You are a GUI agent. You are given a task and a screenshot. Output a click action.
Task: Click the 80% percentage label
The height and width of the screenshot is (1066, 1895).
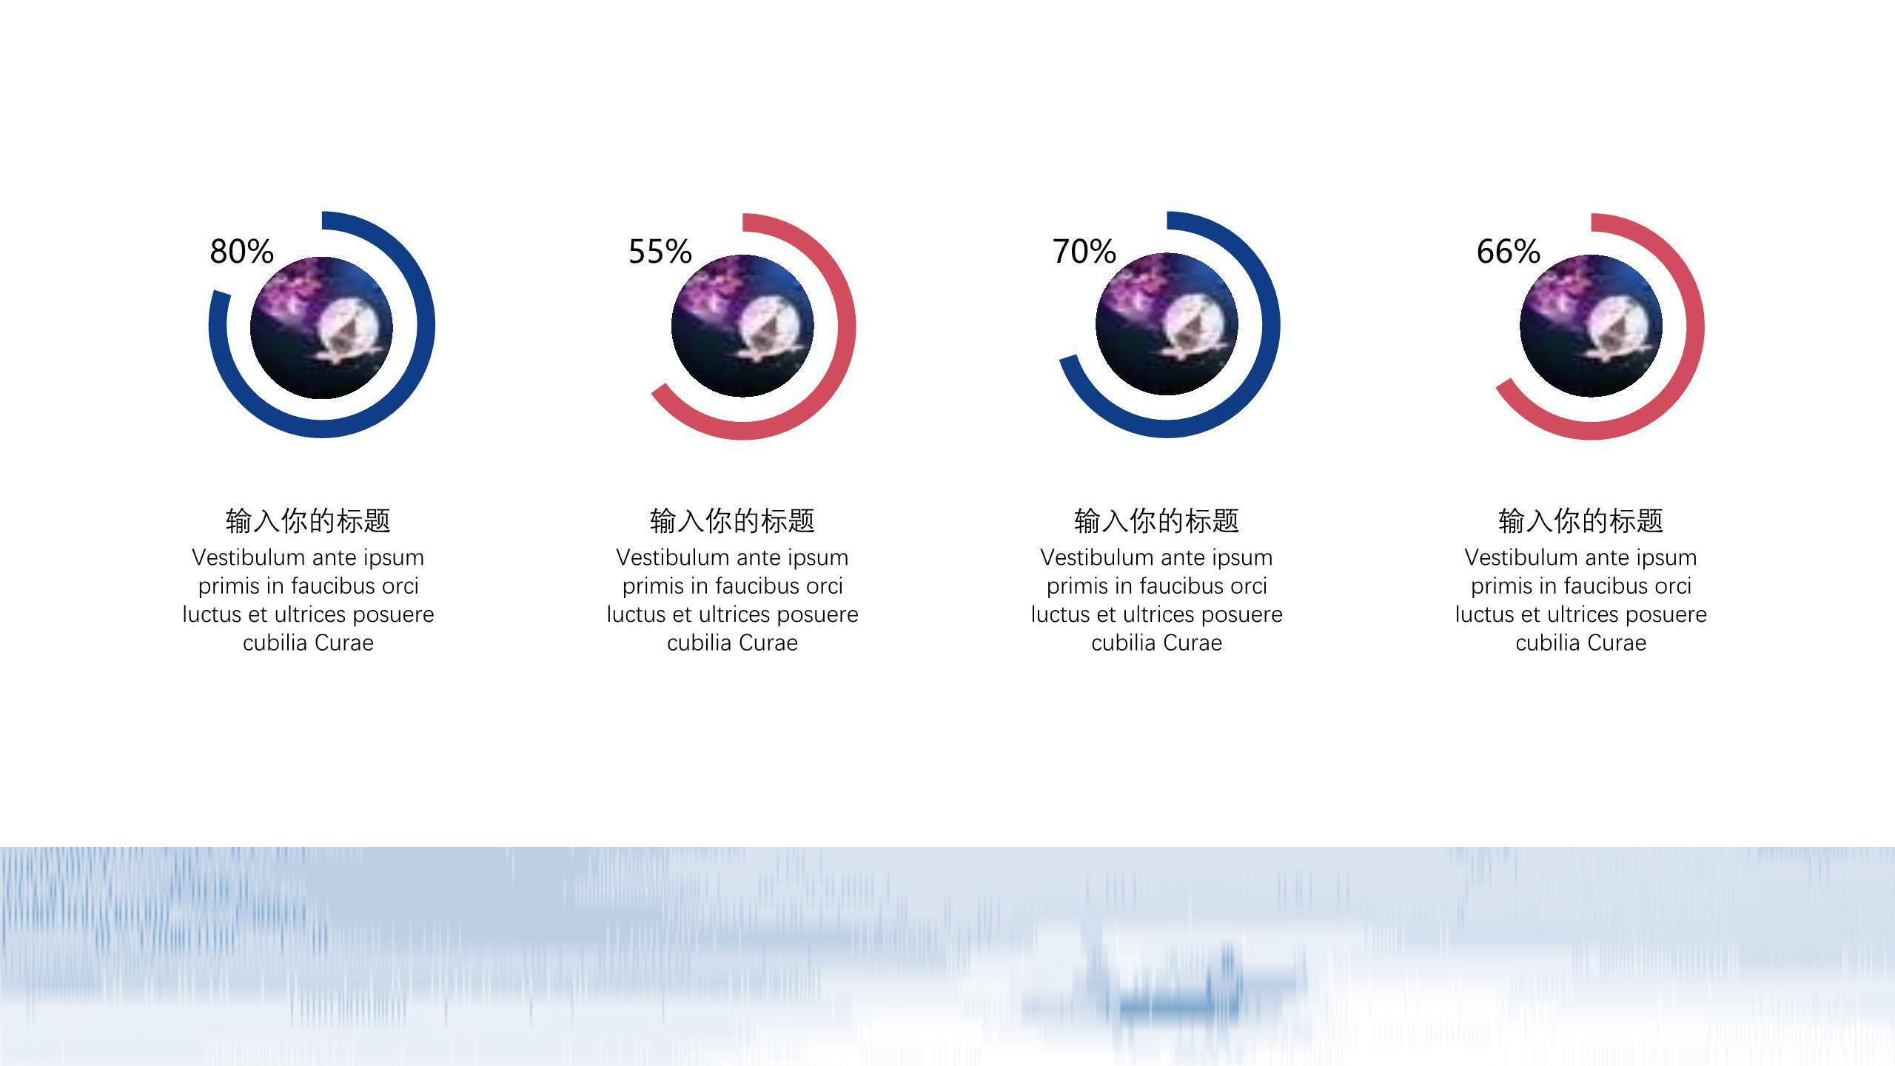pyautogui.click(x=241, y=252)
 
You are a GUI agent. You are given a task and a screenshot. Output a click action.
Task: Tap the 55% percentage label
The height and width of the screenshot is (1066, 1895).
pyautogui.click(x=660, y=252)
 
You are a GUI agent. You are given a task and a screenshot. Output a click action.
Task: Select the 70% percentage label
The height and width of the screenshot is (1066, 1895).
pyautogui.click(x=1084, y=252)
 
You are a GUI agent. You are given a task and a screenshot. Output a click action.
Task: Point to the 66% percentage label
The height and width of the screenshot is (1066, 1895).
pyautogui.click(x=1509, y=252)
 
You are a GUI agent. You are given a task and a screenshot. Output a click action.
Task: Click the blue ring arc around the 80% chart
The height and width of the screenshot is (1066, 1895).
pyautogui.click(x=425, y=326)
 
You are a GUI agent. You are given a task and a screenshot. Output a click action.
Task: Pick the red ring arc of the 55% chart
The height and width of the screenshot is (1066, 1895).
pyautogui.click(x=847, y=326)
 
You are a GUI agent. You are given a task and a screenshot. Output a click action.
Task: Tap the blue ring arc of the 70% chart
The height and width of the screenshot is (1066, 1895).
pyautogui.click(x=1271, y=326)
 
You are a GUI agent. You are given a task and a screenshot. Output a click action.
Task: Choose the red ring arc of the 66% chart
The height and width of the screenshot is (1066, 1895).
pyautogui.click(x=1695, y=326)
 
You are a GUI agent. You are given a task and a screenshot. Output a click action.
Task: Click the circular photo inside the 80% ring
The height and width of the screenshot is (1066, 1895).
pyautogui.click(x=321, y=328)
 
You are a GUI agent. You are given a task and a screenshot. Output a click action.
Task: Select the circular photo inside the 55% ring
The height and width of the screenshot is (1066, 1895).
pyautogui.click(x=742, y=326)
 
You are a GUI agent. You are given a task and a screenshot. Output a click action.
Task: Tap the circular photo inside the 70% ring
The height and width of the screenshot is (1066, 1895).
pyautogui.click(x=1167, y=324)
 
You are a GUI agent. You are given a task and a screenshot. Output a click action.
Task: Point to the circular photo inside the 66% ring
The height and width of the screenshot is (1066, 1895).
pyautogui.click(x=1591, y=326)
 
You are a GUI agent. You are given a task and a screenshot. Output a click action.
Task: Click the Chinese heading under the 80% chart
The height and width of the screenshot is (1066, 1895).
pyautogui.click(x=308, y=521)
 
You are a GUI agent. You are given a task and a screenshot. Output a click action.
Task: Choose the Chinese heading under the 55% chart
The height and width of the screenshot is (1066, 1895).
pyautogui.click(x=732, y=521)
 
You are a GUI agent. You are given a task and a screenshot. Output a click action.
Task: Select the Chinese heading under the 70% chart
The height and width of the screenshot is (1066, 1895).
pyautogui.click(x=1156, y=521)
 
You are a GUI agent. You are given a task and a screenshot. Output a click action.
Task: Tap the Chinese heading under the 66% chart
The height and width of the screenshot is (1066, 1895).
pyautogui.click(x=1580, y=521)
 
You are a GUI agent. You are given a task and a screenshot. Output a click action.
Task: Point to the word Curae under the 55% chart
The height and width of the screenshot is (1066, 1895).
pyautogui.click(x=768, y=643)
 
